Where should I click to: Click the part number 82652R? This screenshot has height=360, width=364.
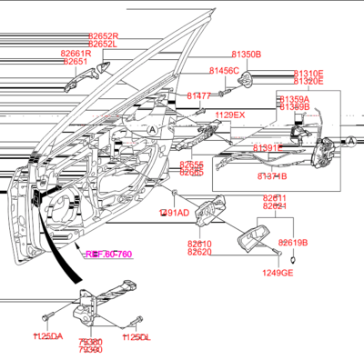[103, 35]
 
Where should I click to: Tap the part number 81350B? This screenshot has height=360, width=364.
[246, 55]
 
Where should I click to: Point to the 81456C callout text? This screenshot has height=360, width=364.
[224, 70]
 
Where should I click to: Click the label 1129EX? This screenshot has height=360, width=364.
[229, 115]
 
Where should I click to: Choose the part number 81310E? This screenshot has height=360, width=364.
[308, 73]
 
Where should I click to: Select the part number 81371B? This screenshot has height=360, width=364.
[271, 175]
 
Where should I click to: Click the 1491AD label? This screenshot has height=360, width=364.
[174, 212]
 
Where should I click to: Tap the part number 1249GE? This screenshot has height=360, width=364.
[278, 273]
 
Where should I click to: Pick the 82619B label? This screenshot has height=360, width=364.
[293, 243]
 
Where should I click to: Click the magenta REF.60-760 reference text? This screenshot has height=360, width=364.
[108, 254]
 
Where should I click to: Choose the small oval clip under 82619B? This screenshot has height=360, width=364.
[293, 260]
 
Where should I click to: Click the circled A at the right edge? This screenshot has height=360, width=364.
[350, 140]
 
